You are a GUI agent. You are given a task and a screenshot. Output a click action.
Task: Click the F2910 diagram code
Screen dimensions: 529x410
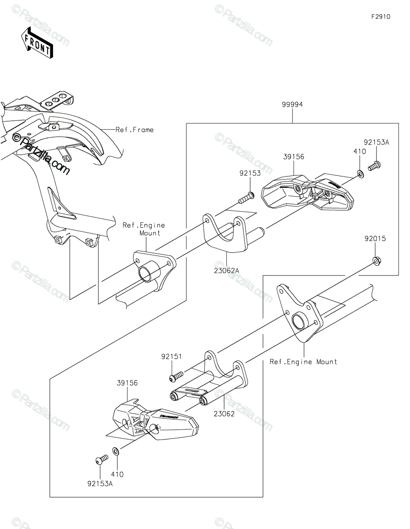tap(380, 17)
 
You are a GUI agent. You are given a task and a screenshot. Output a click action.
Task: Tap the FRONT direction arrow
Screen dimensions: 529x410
tap(38, 42)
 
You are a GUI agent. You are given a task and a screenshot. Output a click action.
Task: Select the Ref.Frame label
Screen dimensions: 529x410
tap(135, 130)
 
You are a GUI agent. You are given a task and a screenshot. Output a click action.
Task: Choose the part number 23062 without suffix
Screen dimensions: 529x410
tap(224, 414)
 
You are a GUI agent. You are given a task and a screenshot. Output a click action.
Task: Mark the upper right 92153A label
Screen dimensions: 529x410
tap(376, 142)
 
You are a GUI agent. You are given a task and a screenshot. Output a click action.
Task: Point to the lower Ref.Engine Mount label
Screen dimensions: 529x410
tap(303, 362)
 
